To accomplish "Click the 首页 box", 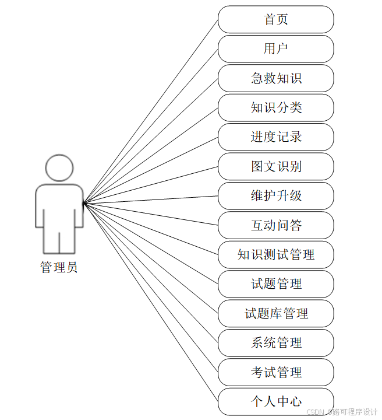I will [276, 19].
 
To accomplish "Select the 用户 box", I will [276, 48].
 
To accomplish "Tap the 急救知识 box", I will [276, 78].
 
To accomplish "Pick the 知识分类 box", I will [276, 107].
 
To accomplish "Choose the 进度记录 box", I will [276, 137].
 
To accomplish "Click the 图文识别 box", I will [276, 166].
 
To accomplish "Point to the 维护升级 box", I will [276, 195].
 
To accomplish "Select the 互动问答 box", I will [276, 225].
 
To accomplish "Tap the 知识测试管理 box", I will [276, 254].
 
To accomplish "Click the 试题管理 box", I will [276, 284].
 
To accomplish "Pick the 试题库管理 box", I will [276, 313].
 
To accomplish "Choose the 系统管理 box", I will [276, 342].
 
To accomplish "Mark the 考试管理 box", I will [276, 372].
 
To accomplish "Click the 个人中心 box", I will [276, 401].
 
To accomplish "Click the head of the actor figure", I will [59, 168].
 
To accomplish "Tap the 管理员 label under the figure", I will [59, 268].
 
